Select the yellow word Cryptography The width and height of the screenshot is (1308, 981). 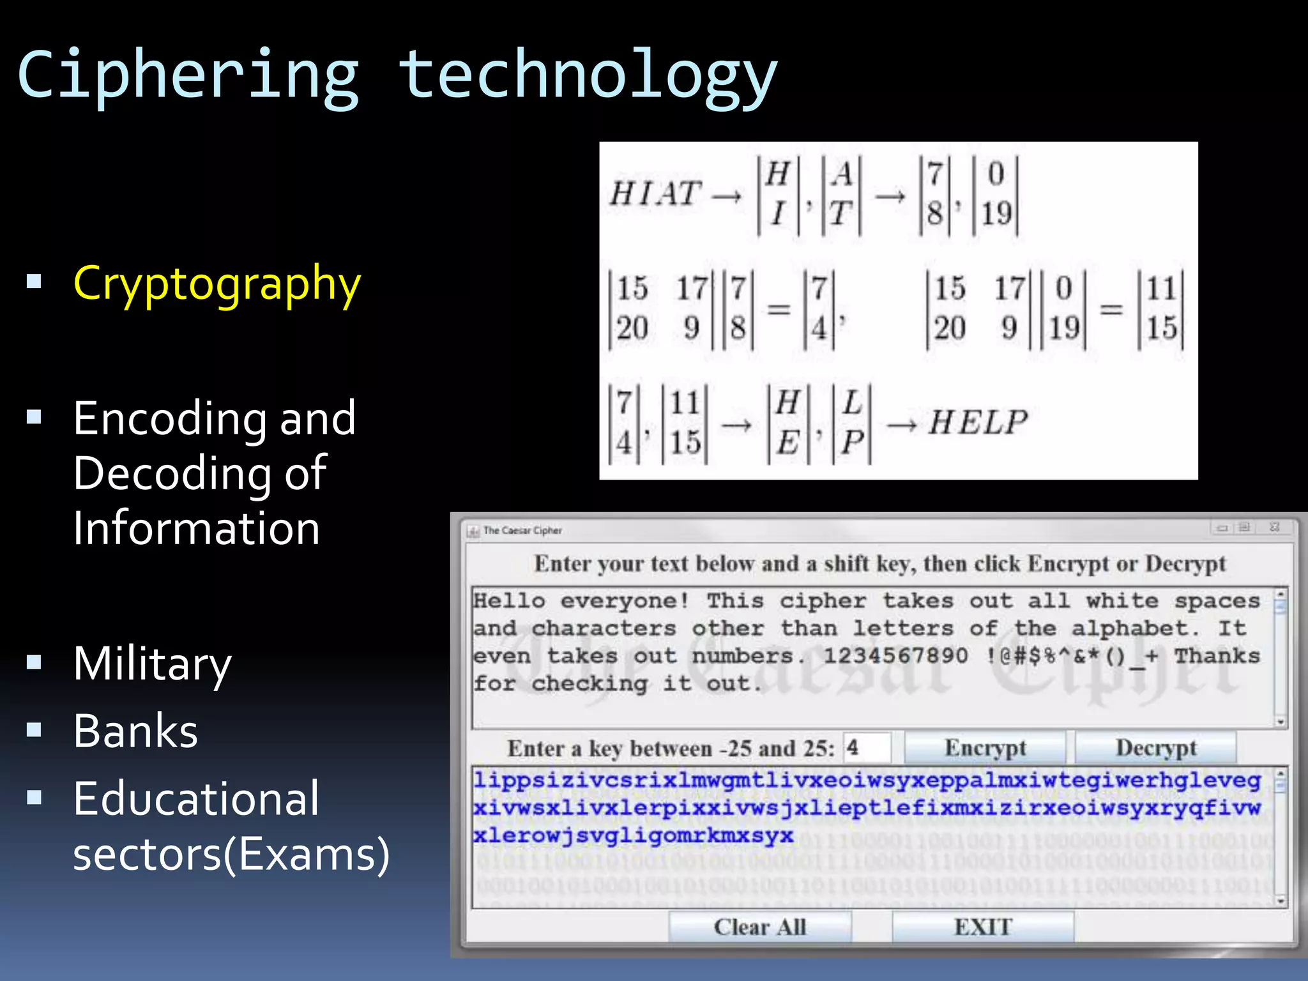pyautogui.click(x=217, y=284)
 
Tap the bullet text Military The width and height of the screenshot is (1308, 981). pyautogui.click(x=152, y=664)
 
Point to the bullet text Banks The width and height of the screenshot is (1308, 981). pyautogui.click(x=135, y=731)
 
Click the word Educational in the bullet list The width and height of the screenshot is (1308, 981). pyautogui.click(x=196, y=798)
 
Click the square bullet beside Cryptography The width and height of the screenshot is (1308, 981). pyautogui.click(x=34, y=282)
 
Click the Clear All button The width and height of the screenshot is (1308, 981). pyautogui.click(x=760, y=927)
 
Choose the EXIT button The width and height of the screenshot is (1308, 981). pyautogui.click(x=983, y=927)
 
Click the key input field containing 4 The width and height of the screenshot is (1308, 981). pyautogui.click(x=867, y=747)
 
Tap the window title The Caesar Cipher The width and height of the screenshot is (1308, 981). pyautogui.click(x=522, y=530)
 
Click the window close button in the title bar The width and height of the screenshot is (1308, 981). pyautogui.click(x=1275, y=528)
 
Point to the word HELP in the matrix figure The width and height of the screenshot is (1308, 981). pyautogui.click(x=978, y=423)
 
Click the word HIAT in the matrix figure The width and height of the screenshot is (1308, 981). pyautogui.click(x=655, y=194)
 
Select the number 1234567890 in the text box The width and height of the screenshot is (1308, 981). pyautogui.click(x=895, y=656)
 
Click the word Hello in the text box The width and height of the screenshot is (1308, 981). pyautogui.click(x=509, y=601)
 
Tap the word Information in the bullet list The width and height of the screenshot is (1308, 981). pyautogui.click(x=196, y=529)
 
